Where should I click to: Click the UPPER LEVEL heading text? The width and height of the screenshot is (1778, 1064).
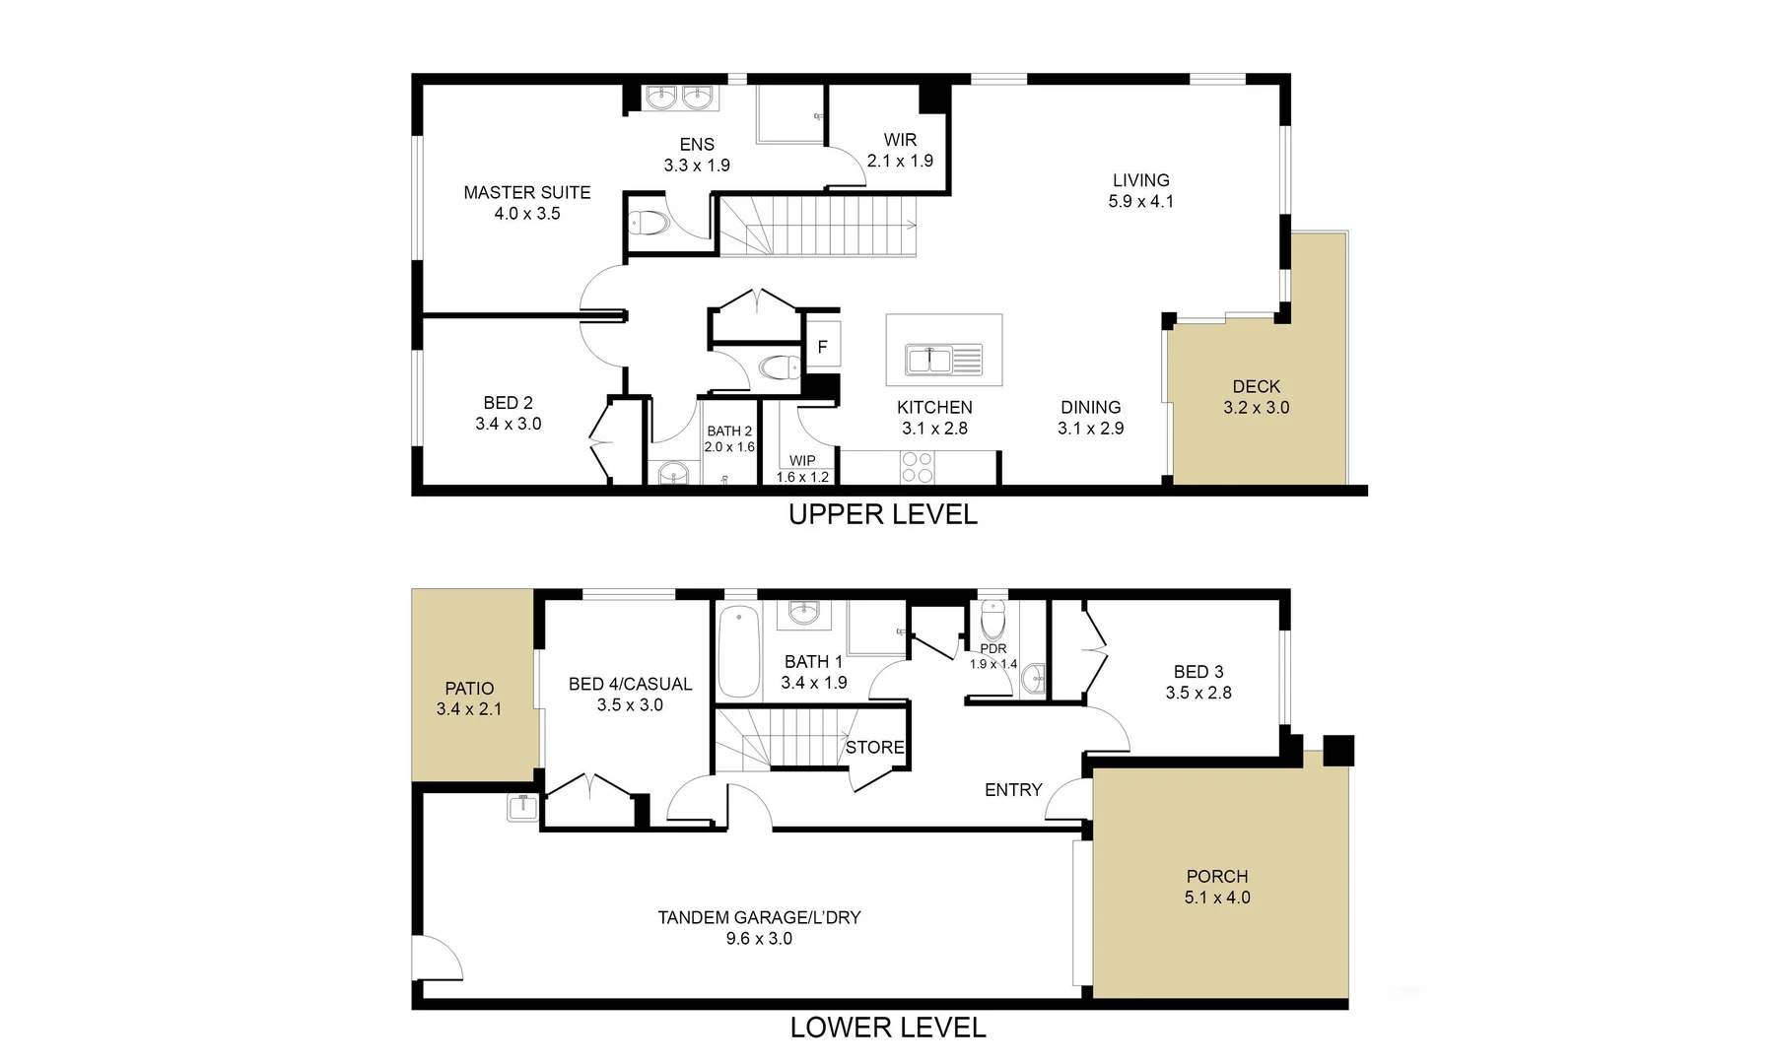(x=882, y=514)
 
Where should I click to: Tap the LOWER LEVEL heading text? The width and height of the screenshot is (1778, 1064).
(x=887, y=1028)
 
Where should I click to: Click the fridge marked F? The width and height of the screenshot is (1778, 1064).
(x=823, y=347)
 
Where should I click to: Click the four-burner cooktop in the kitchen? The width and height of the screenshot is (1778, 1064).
(x=918, y=467)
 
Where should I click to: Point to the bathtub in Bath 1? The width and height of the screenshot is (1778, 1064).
(x=738, y=651)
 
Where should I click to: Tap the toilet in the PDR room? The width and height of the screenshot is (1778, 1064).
(x=992, y=621)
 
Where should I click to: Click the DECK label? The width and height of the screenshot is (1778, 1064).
(x=1256, y=386)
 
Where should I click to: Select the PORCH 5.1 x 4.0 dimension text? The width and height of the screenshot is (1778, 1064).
(x=1217, y=898)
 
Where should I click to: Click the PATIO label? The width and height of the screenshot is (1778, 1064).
(x=469, y=689)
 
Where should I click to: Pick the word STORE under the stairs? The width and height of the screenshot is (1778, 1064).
(x=874, y=747)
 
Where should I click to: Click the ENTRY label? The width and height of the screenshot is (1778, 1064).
(x=1013, y=789)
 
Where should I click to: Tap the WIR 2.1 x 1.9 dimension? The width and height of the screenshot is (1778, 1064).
(x=900, y=161)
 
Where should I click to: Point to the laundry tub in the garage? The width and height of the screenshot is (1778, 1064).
(x=523, y=807)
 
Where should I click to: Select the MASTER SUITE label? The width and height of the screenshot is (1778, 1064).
(x=527, y=192)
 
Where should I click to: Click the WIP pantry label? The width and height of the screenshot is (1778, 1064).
(x=802, y=460)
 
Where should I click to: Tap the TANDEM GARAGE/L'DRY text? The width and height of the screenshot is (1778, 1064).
(x=759, y=917)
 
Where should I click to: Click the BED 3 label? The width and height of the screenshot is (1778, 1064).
(x=1198, y=671)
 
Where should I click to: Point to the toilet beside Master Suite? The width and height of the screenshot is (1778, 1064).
(x=650, y=223)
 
